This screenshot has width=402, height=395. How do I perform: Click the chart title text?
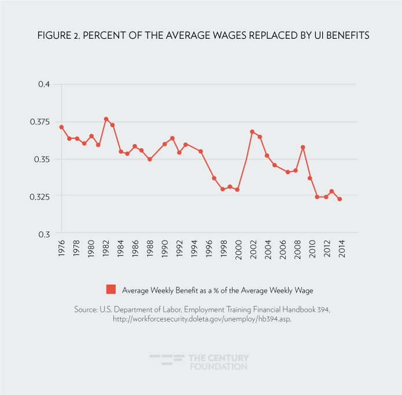[201, 36]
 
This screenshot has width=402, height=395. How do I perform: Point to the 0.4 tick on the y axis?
[44, 84]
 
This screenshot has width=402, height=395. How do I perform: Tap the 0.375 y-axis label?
[39, 122]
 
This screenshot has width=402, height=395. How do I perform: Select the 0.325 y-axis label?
[39, 197]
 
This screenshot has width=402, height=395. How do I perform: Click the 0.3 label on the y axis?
[44, 234]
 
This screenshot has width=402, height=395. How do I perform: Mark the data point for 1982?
[106, 119]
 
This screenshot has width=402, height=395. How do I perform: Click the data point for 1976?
[61, 127]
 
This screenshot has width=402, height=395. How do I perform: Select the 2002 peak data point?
[252, 132]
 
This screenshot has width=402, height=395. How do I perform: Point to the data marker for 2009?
[303, 147]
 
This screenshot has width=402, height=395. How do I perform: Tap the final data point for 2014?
[340, 199]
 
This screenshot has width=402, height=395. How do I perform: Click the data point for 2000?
[237, 190]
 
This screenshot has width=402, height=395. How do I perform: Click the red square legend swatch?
[111, 289]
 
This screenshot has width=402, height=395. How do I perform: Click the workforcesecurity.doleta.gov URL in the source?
[202, 319]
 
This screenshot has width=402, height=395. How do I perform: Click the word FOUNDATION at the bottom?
[217, 367]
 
